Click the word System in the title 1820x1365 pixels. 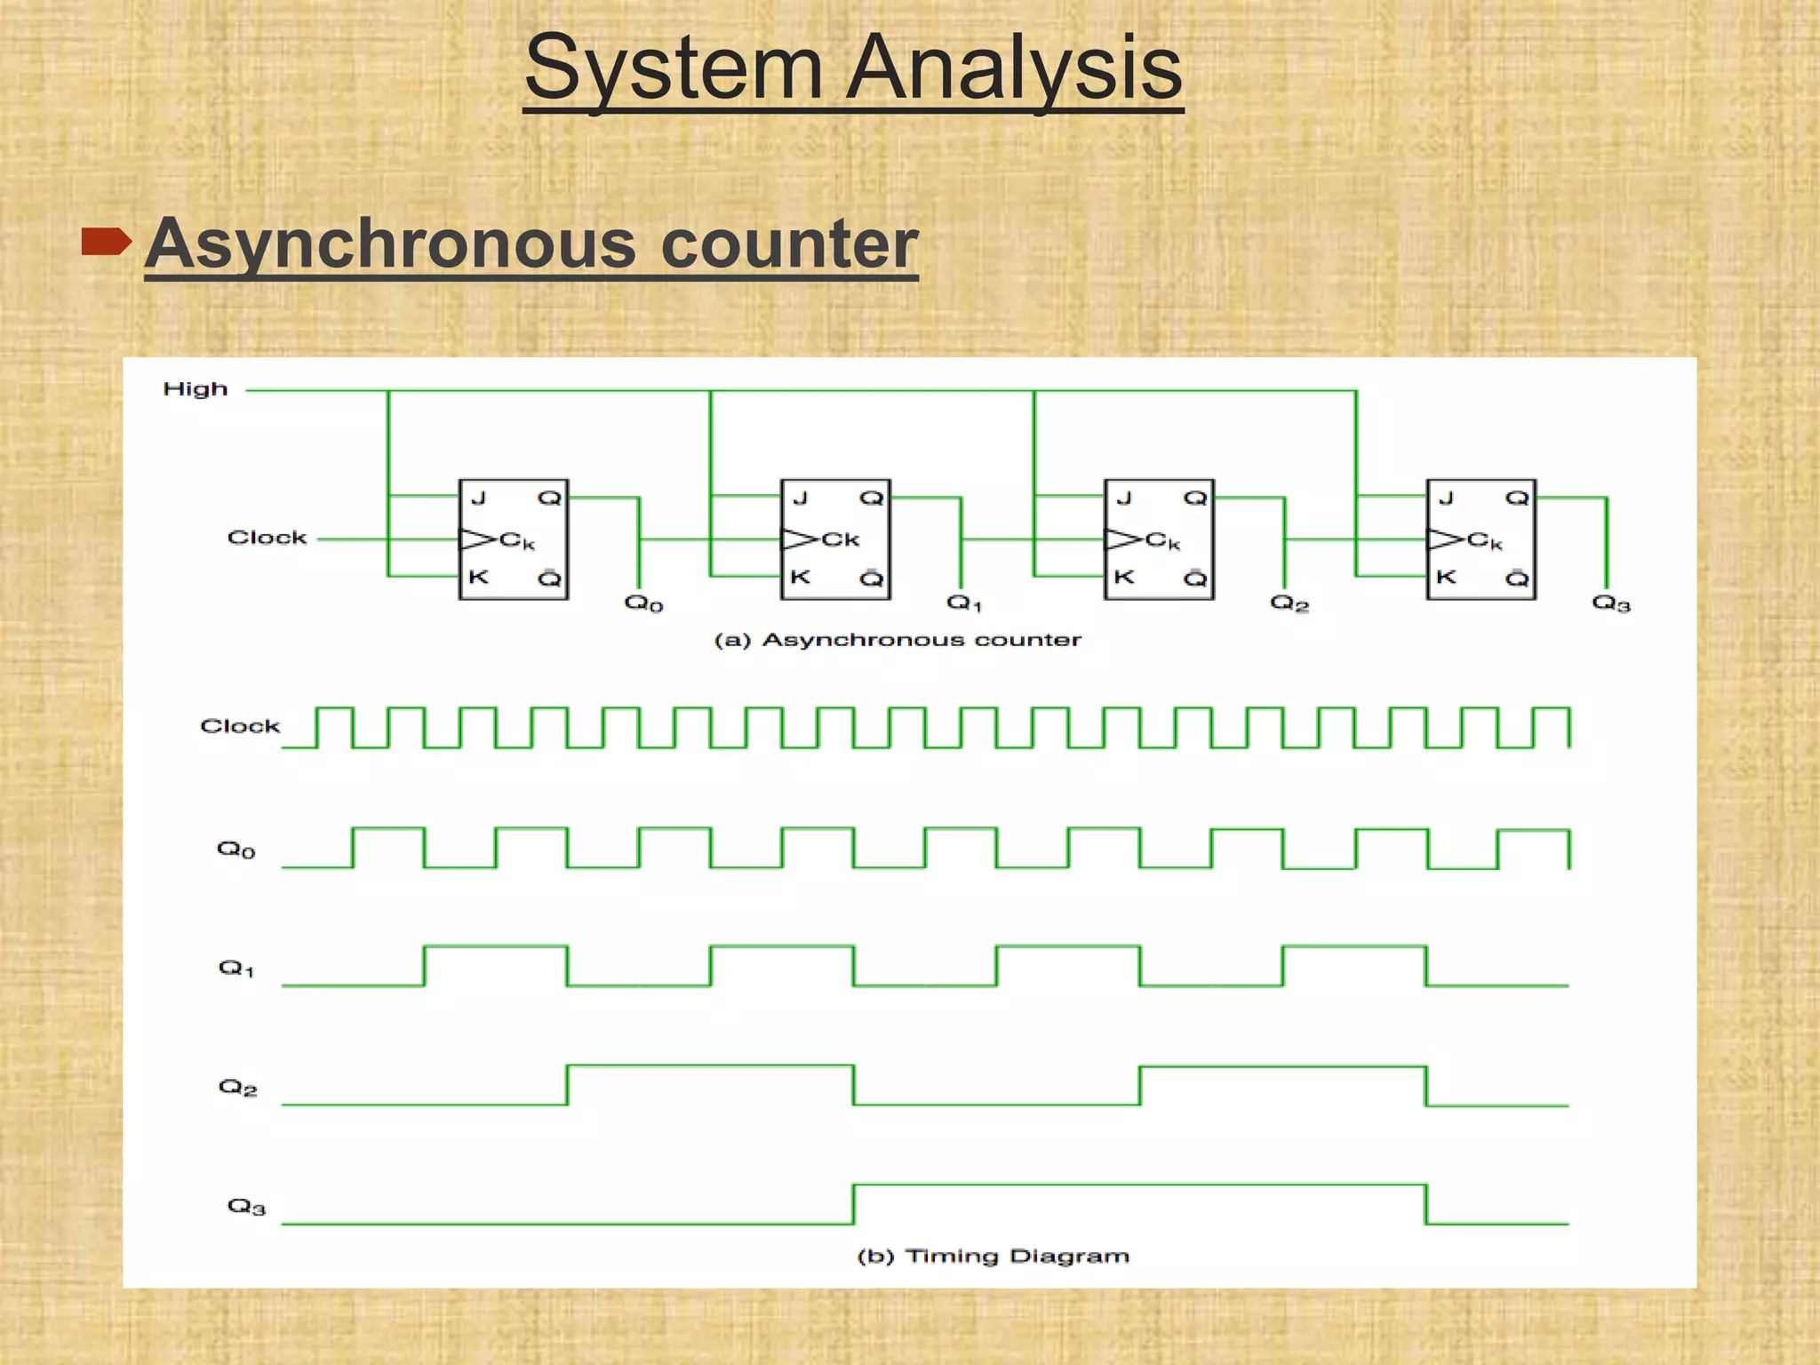pos(673,68)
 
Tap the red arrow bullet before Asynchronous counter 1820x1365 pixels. pos(106,241)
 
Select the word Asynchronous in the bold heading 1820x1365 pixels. pos(390,243)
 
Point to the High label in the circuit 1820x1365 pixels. pos(196,389)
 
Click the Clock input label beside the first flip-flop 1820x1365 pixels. pos(267,538)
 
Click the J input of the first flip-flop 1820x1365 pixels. pos(478,498)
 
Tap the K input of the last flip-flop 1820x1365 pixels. pos(1446,577)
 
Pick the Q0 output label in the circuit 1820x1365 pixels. pos(643,603)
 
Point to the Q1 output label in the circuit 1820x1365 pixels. pos(964,603)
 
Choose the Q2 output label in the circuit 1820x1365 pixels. pos(1289,603)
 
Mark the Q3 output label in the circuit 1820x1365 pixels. pos(1610,603)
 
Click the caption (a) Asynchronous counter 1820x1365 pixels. pos(898,640)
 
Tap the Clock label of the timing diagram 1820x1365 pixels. pos(240,726)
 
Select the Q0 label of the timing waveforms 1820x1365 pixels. pos(235,850)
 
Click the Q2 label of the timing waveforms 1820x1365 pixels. pos(237,1087)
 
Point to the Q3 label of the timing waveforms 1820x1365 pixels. pos(246,1206)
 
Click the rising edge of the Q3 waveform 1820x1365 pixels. pos(853,1204)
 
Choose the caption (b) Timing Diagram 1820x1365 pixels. pos(993,1256)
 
